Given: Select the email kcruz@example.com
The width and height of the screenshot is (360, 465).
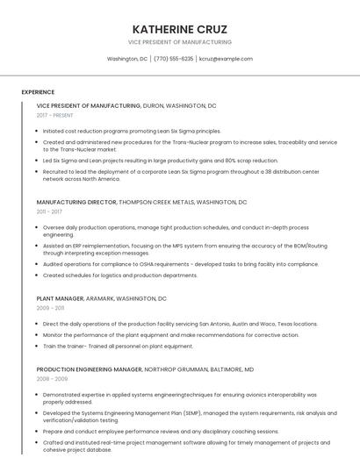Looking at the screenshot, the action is tap(226, 59).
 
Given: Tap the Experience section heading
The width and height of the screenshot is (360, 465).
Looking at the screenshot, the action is tap(38, 92).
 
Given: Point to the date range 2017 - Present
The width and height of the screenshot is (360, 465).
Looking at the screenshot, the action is tap(55, 115).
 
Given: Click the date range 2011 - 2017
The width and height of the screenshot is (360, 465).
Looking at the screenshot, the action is tap(49, 211).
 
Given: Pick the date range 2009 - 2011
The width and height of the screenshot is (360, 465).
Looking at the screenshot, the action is tap(49, 308).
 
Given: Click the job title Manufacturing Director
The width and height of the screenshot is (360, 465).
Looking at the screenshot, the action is tap(76, 202).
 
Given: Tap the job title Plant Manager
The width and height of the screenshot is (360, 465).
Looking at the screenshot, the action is tap(60, 298).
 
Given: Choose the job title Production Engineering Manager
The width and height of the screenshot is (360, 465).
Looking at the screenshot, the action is tap(90, 369).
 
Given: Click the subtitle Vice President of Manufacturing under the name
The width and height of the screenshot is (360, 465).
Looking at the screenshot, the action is tap(179, 42).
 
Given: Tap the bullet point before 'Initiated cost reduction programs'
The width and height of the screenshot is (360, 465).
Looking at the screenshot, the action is tap(38, 131).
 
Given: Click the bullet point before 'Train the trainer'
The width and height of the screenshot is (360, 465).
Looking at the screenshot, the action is tap(38, 346).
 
